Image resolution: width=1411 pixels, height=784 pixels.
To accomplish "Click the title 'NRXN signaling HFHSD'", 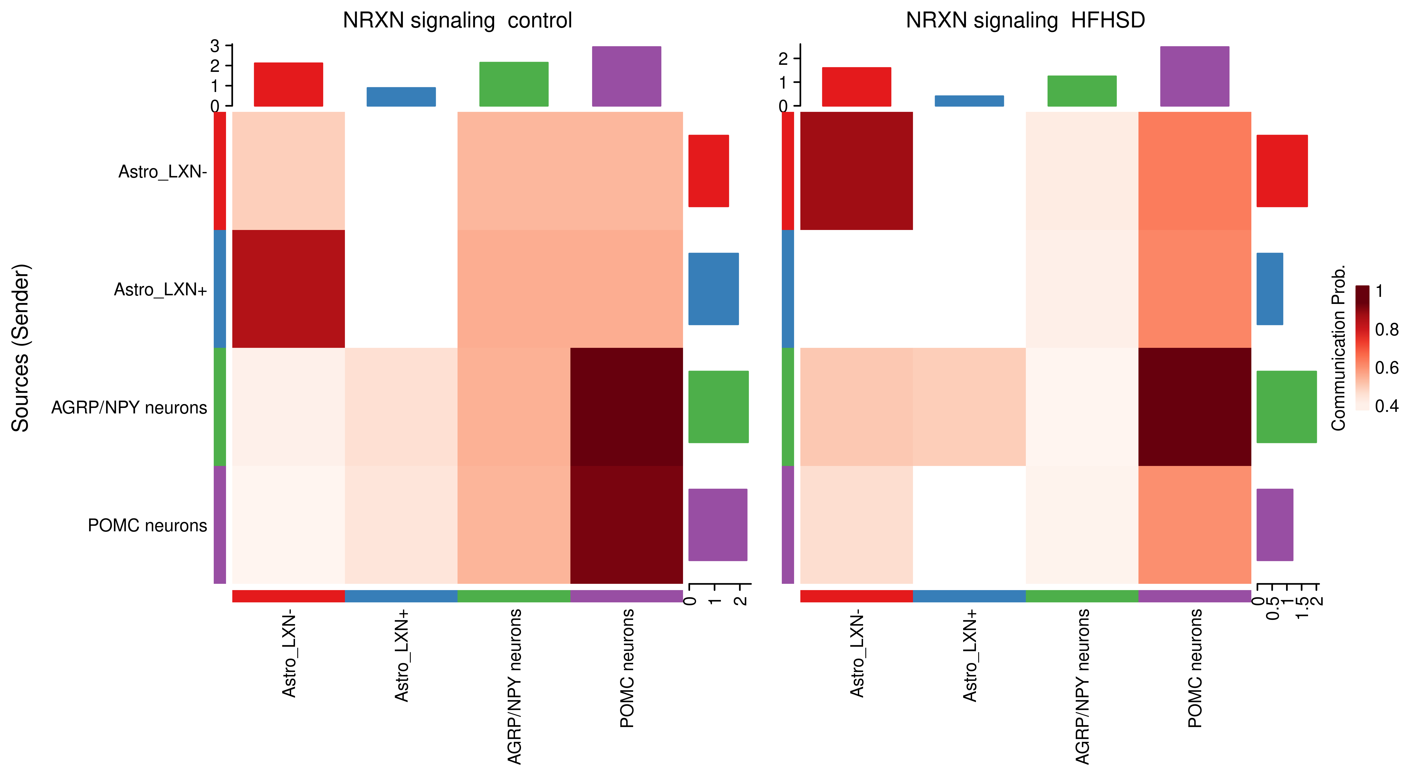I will (1025, 21).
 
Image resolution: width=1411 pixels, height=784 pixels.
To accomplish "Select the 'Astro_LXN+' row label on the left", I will (160, 289).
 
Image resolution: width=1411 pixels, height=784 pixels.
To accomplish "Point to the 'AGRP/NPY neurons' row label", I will (129, 408).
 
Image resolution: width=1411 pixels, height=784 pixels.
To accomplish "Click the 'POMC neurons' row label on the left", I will (147, 525).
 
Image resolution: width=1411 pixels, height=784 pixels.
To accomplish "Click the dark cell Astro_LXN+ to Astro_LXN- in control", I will (289, 289).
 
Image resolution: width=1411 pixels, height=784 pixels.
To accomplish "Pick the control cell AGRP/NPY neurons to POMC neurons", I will (627, 407).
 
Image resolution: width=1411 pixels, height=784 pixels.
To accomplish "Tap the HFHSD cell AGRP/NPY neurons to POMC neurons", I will (1195, 407).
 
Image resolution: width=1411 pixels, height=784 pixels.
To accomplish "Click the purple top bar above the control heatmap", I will (627, 76).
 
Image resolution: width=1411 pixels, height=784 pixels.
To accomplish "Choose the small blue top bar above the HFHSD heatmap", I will (969, 101).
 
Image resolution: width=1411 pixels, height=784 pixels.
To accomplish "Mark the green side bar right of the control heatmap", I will (718, 407).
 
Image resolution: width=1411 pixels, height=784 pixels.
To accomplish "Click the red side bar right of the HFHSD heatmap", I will (1282, 171).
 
